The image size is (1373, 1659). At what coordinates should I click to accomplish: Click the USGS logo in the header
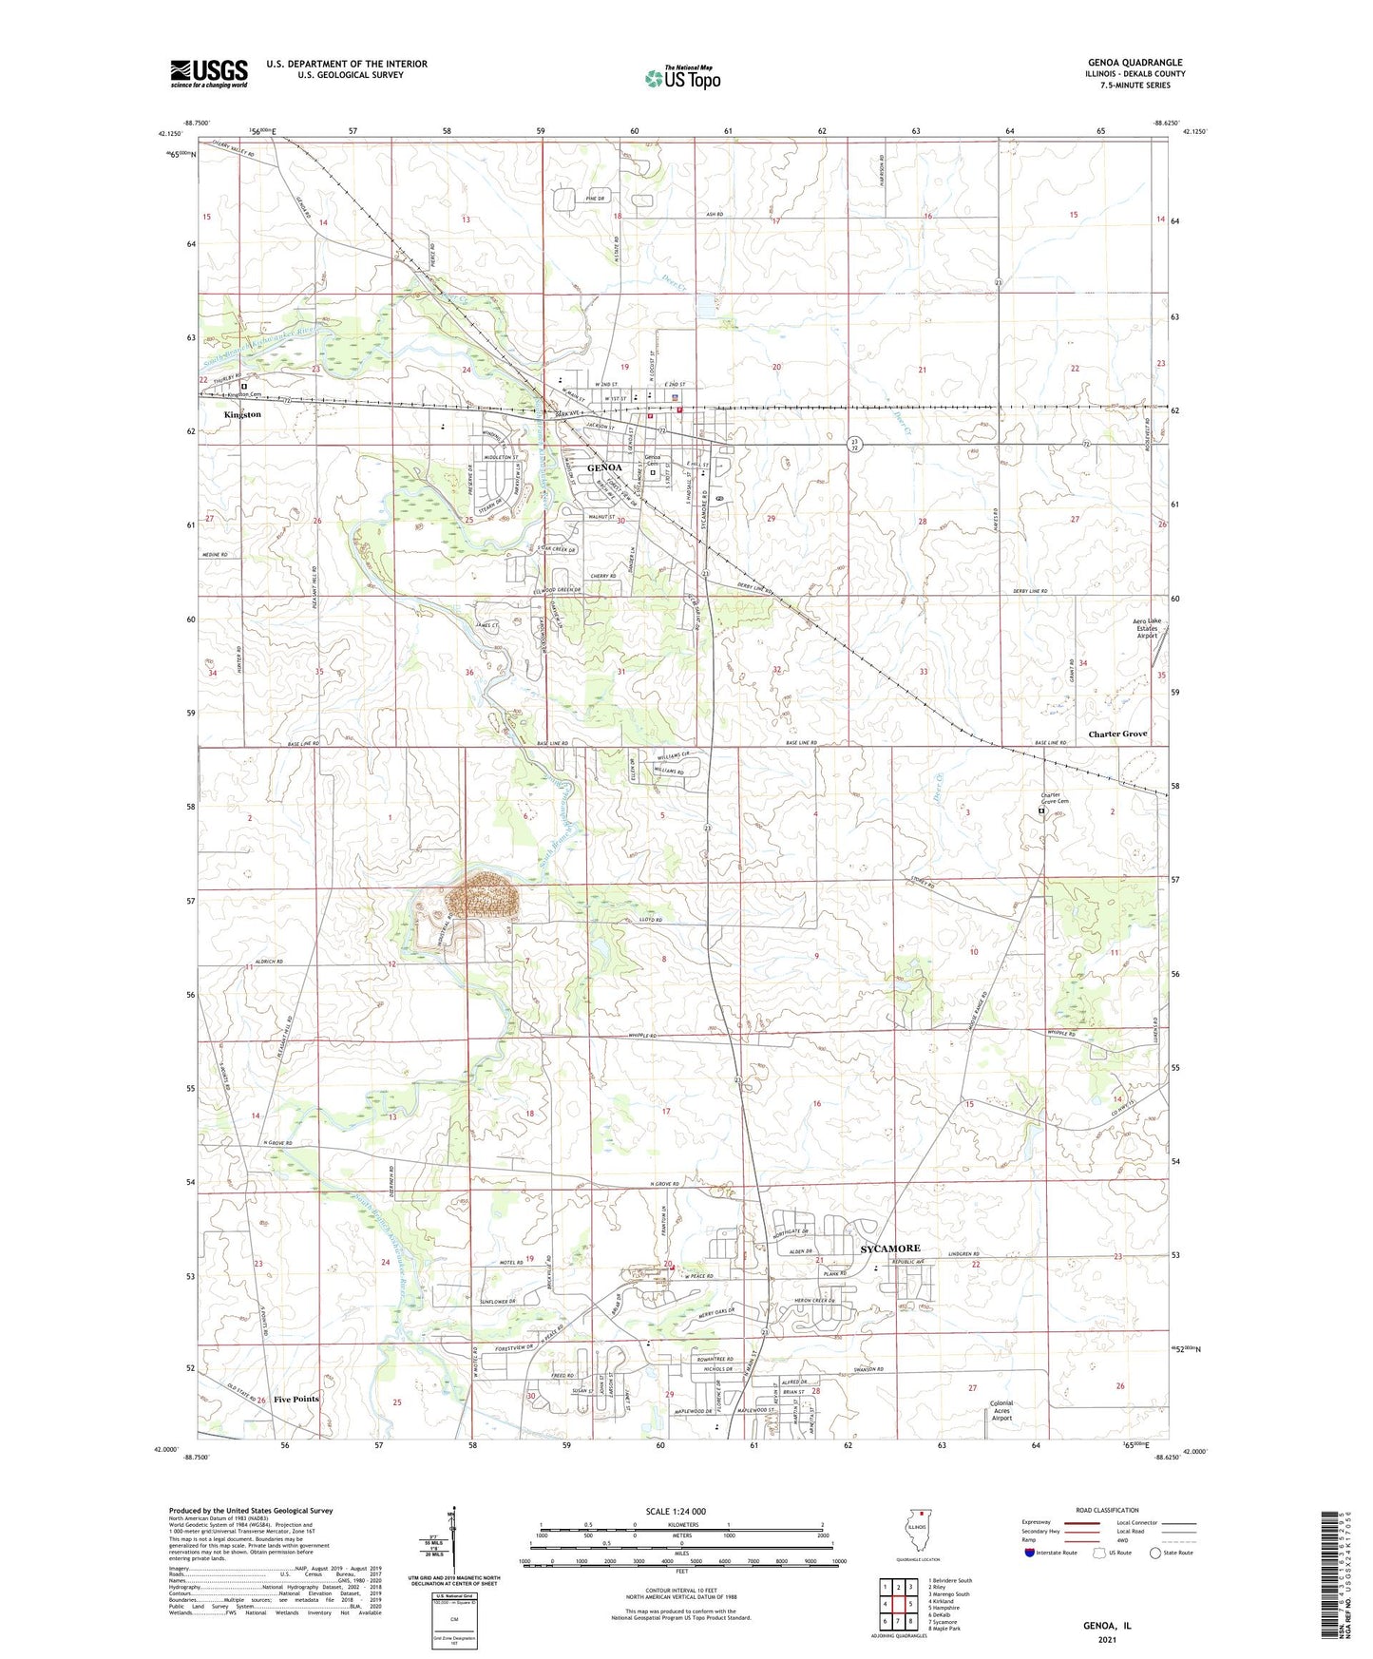pyautogui.click(x=208, y=73)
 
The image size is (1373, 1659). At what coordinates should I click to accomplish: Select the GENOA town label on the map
pyautogui.click(x=604, y=468)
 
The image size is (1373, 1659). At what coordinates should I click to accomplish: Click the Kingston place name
pyautogui.click(x=242, y=415)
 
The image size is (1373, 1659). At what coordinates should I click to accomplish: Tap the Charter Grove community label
pyautogui.click(x=1117, y=734)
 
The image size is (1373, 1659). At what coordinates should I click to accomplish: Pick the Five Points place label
pyautogui.click(x=296, y=1400)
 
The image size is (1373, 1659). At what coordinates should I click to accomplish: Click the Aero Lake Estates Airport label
pyautogui.click(x=1147, y=628)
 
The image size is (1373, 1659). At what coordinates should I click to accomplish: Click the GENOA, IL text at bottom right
pyautogui.click(x=1107, y=1626)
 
